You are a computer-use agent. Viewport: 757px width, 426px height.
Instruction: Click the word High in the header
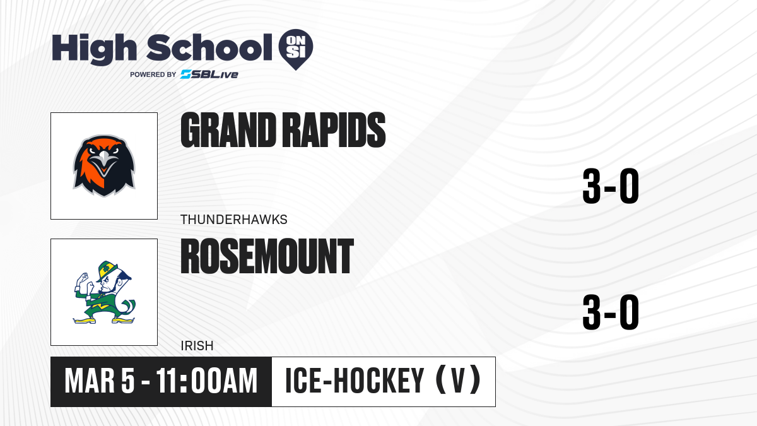pyautogui.click(x=95, y=49)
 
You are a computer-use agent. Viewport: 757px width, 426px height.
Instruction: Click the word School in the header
pyautogui.click(x=209, y=47)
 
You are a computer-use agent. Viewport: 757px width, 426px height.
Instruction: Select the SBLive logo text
pyautogui.click(x=209, y=74)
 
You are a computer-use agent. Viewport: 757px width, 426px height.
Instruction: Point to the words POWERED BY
pyautogui.click(x=153, y=74)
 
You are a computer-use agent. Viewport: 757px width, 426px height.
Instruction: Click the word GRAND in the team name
pyautogui.click(x=228, y=130)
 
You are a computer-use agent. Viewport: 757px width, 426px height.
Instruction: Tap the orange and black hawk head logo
pyautogui.click(x=104, y=165)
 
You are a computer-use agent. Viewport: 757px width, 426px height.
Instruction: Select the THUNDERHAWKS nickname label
pyautogui.click(x=234, y=220)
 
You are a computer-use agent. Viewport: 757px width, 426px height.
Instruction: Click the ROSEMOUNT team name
pyautogui.click(x=267, y=256)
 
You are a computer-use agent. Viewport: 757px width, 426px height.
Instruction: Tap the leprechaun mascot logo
pyautogui.click(x=104, y=292)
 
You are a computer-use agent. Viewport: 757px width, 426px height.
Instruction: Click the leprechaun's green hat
pyautogui.click(x=107, y=269)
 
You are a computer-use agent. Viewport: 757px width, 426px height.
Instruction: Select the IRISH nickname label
pyautogui.click(x=197, y=346)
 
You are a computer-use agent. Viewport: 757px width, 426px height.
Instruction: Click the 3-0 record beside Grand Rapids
pyautogui.click(x=611, y=186)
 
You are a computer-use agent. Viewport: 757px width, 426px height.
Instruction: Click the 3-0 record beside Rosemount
pyautogui.click(x=611, y=312)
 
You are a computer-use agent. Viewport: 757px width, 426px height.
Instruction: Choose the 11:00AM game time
pyautogui.click(x=207, y=381)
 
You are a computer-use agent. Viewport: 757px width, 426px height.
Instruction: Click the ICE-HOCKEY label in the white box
pyautogui.click(x=355, y=381)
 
